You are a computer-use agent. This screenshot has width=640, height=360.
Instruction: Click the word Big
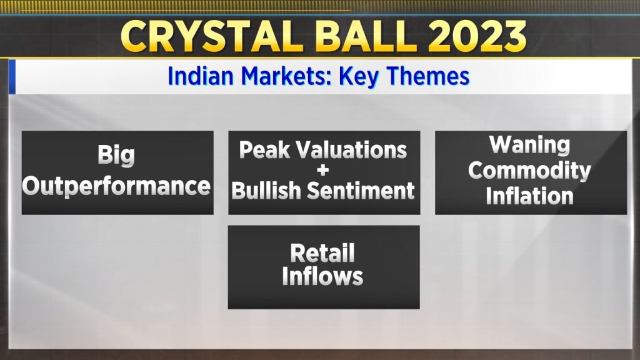pos(116,156)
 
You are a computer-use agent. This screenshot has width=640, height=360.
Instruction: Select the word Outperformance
pos(116,186)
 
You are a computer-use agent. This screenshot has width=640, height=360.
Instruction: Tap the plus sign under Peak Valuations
pos(323,170)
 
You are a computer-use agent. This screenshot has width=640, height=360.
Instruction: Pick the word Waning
pos(529,145)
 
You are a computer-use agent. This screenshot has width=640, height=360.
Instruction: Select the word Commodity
pos(529,171)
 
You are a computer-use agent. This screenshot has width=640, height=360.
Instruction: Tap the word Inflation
pos(529,196)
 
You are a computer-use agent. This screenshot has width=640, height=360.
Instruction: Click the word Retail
pos(322,253)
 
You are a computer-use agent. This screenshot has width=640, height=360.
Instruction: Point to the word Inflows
pos(322,276)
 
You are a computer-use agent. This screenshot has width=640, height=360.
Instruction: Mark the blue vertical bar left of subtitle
pos(12,77)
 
